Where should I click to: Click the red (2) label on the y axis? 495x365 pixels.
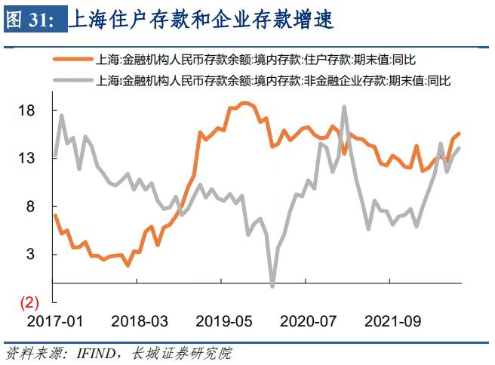(28, 303)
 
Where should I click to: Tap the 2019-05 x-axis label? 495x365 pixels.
(223, 321)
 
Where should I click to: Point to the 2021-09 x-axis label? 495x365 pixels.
(391, 321)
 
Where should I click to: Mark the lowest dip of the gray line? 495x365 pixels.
(272, 286)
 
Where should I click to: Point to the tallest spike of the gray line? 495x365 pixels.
(344, 107)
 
